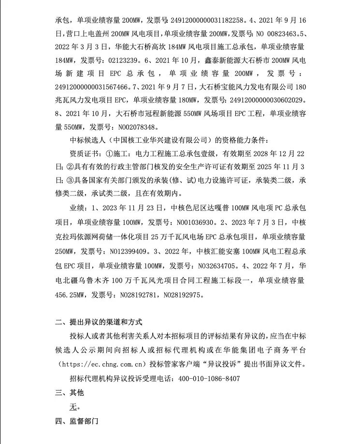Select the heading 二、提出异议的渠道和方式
[x=99, y=323]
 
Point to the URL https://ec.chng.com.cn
[x=104, y=364]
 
